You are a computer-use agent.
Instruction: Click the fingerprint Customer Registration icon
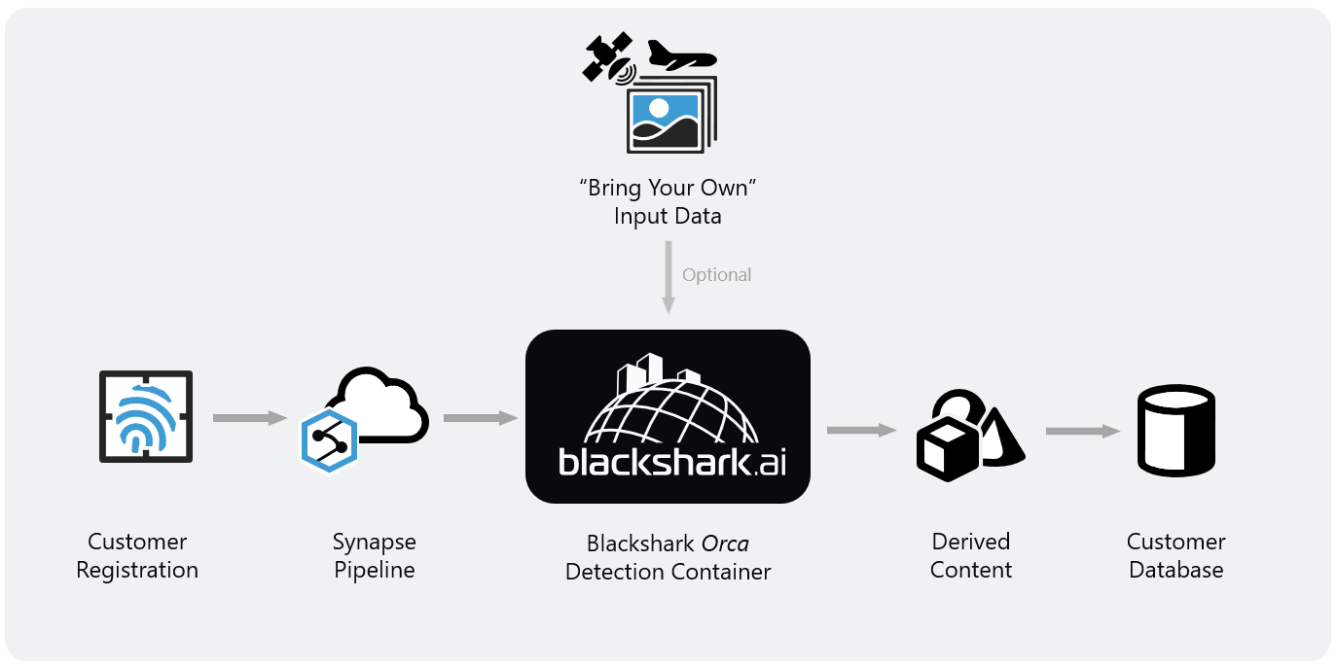[146, 416]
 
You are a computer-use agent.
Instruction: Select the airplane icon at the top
[681, 55]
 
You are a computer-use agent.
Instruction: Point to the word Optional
[717, 275]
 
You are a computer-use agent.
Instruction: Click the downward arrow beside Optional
[668, 277]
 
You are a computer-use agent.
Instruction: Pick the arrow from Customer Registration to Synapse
[249, 418]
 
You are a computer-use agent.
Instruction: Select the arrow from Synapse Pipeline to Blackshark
[480, 418]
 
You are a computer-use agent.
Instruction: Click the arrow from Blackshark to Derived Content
[860, 430]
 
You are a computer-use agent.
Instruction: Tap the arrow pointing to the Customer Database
[1081, 431]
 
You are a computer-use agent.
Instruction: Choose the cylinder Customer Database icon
[1176, 430]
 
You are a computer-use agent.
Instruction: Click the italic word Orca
[724, 543]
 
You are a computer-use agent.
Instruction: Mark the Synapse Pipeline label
[375, 555]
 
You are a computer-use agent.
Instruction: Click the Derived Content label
[971, 555]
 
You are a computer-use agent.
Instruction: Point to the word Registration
[137, 570]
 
